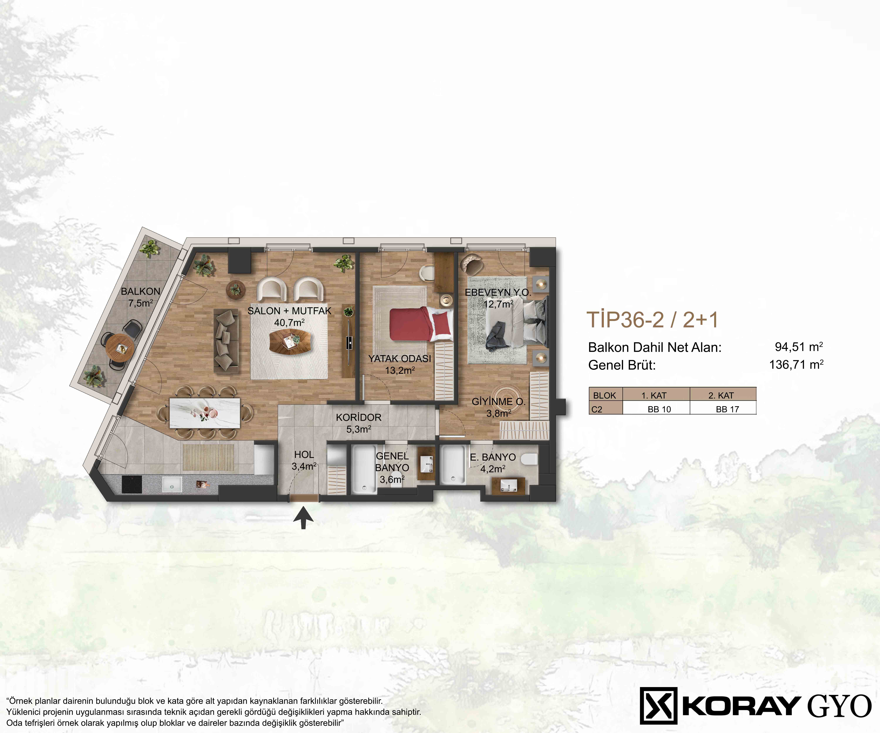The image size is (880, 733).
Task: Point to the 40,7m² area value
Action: (289, 323)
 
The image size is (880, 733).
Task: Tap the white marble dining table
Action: (205, 413)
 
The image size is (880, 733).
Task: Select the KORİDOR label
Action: (359, 417)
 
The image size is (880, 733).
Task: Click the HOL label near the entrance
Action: (304, 454)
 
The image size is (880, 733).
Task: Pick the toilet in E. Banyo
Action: (529, 459)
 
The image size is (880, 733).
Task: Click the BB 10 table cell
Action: (659, 409)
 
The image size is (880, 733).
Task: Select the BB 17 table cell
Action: (727, 409)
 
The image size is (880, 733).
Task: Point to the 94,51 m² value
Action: (799, 347)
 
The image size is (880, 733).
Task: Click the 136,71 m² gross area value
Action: (796, 364)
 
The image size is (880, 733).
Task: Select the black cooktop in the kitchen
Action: (132, 484)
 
